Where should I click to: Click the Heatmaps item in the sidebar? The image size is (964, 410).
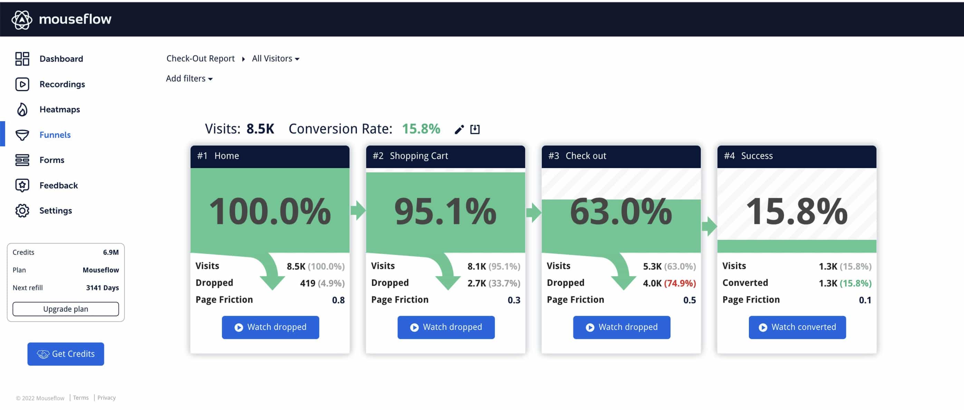point(59,110)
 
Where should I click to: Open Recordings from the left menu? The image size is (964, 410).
point(62,84)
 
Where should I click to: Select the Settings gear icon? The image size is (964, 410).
point(22,211)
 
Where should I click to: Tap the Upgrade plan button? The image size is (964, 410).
point(66,309)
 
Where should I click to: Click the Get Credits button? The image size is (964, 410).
point(66,354)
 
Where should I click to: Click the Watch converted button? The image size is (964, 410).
point(797,327)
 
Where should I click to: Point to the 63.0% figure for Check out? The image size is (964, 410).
point(620,212)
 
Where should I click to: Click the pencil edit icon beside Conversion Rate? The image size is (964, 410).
point(459,129)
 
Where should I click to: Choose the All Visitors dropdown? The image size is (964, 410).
point(276,59)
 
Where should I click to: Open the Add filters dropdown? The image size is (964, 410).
point(189,79)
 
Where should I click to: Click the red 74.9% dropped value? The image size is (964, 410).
point(680,283)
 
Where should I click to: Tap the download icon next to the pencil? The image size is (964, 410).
point(475,129)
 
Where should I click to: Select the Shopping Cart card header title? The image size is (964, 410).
point(418,156)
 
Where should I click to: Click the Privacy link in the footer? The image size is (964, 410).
point(106,398)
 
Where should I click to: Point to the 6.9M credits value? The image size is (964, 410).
point(111,253)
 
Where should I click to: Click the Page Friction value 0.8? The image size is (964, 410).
point(338,300)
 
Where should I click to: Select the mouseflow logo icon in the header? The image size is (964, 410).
point(22,19)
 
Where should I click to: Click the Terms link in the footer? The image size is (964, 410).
point(81,398)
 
